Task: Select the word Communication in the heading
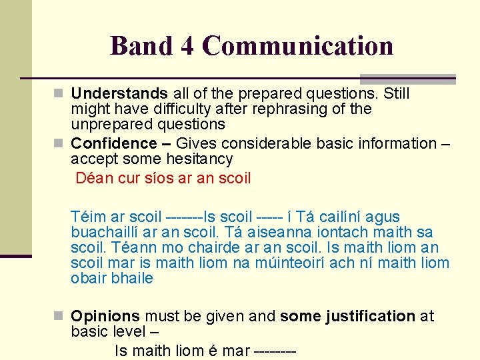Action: pos(297,46)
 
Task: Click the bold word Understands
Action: pos(119,93)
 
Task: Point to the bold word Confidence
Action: pos(113,143)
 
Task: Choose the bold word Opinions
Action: pos(105,316)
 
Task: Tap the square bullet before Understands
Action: pos(58,94)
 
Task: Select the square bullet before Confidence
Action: pos(58,144)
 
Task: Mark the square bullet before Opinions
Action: pos(58,317)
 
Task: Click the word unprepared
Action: pos(109,124)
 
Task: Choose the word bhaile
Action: pos(133,278)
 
